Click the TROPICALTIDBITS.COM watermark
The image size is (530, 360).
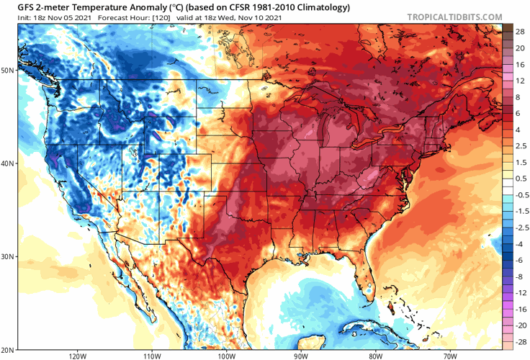455,16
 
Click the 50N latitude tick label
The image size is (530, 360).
8,70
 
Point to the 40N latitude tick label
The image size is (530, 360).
8,163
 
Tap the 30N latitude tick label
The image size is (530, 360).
8,256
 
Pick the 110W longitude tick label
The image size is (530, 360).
151,355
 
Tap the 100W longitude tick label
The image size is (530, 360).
226,355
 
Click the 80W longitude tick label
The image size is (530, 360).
375,355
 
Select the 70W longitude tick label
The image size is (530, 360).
449,355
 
